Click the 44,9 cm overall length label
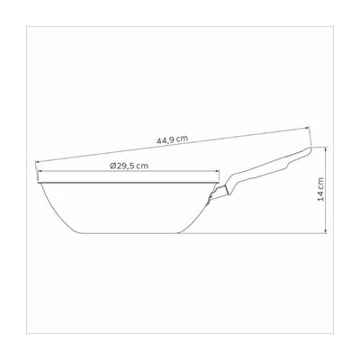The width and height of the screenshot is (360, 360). tap(172, 139)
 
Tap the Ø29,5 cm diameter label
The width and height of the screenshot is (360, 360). tap(129, 166)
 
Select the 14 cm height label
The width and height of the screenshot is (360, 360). tap(320, 189)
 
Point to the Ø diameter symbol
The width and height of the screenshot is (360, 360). tap(112, 166)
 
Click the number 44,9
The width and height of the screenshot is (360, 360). tap(166, 140)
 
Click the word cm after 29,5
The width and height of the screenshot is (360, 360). tap(142, 166)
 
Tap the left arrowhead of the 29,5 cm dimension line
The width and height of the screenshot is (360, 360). tap(40, 172)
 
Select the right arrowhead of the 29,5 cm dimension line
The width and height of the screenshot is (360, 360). tap(217, 172)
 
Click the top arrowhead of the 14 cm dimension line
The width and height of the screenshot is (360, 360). tap(326, 149)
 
